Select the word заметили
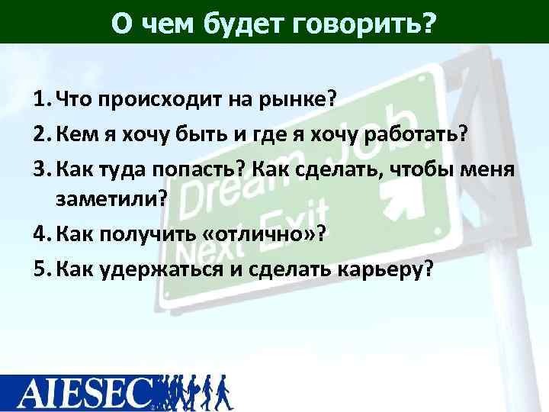coord(106,200)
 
